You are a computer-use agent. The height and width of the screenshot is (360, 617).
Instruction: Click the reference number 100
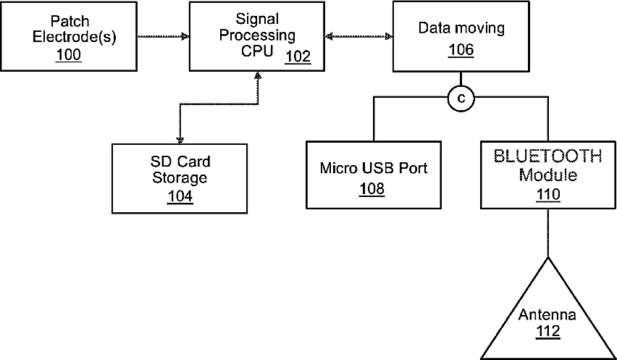click(x=69, y=55)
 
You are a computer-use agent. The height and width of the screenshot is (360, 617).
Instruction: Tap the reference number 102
click(x=298, y=56)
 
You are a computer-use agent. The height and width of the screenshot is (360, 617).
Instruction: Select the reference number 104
click(x=180, y=196)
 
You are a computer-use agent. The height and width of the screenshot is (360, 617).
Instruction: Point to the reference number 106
click(x=461, y=50)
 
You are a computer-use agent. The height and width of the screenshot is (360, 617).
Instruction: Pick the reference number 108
click(x=372, y=189)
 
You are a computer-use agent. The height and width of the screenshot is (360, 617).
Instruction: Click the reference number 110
click(x=548, y=195)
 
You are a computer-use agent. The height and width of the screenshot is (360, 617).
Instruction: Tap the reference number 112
click(x=548, y=331)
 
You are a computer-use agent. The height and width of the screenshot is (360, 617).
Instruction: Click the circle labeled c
click(x=461, y=99)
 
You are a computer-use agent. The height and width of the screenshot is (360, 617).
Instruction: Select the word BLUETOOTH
click(x=547, y=156)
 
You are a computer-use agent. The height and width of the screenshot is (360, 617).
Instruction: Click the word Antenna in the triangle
click(x=547, y=314)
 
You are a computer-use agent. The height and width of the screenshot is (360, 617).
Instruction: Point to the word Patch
click(x=70, y=21)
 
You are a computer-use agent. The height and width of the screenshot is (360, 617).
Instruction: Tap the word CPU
click(x=257, y=51)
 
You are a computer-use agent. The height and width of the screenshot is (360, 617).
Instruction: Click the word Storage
click(x=180, y=178)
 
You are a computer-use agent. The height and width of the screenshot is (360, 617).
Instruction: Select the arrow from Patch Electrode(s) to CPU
click(x=163, y=37)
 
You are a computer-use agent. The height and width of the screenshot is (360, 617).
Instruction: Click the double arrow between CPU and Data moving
click(x=359, y=37)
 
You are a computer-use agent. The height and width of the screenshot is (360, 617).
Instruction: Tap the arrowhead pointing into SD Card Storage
click(x=180, y=140)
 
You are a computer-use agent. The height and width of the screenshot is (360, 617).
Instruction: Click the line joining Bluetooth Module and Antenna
click(x=548, y=233)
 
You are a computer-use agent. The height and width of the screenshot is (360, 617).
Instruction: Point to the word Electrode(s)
click(x=75, y=37)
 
